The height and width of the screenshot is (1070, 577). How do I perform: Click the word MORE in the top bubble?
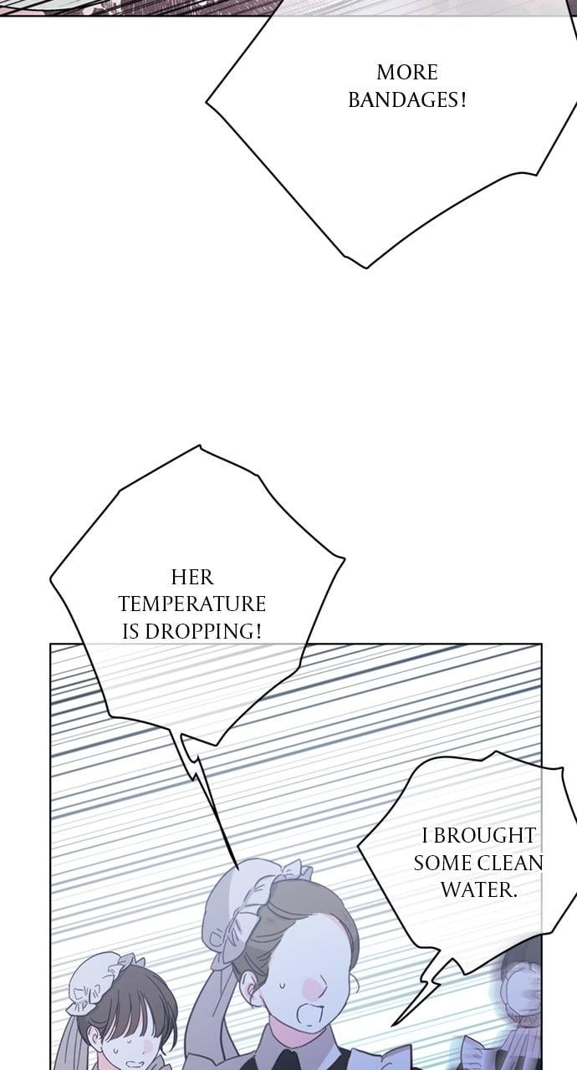407,73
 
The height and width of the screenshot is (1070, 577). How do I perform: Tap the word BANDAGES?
407,101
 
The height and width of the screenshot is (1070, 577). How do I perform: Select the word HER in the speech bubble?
192,577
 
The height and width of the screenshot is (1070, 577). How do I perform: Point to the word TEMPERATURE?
192,604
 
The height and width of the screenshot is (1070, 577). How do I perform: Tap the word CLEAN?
510,863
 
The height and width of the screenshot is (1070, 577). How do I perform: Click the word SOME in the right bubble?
443,863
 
